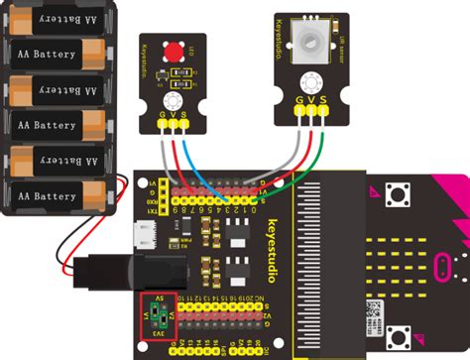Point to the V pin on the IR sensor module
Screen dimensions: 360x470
(312, 100)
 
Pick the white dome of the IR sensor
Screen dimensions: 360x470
(311, 43)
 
